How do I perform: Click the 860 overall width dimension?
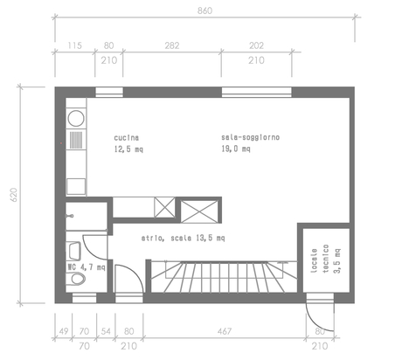pyautogui.click(x=204, y=10)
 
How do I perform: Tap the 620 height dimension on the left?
pyautogui.click(x=14, y=195)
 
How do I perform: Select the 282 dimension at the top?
pyautogui.click(x=172, y=45)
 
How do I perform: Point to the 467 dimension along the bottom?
pyautogui.click(x=225, y=331)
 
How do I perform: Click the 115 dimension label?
pyautogui.click(x=75, y=45)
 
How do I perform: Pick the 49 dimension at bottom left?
pyautogui.click(x=64, y=331)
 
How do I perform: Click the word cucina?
pyautogui.click(x=126, y=137)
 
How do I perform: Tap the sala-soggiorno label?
pyautogui.click(x=250, y=137)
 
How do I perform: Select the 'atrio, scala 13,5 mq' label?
pyautogui.click(x=183, y=239)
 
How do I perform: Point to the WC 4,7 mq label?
pyautogui.click(x=87, y=267)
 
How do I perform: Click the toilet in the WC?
pyautogui.click(x=76, y=279)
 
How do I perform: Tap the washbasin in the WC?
pyautogui.click(x=73, y=251)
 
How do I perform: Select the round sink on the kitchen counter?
pyautogui.click(x=76, y=119)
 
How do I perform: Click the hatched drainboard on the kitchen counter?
pyautogui.click(x=76, y=140)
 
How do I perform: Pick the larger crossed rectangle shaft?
pyautogui.click(x=199, y=211)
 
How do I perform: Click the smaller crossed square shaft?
pyautogui.click(x=164, y=207)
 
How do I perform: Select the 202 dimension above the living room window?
pyautogui.click(x=256, y=45)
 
